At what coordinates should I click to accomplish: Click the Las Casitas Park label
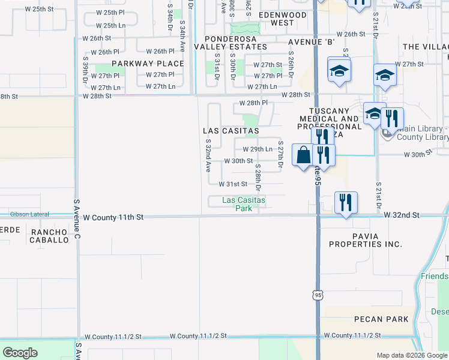click(x=244, y=204)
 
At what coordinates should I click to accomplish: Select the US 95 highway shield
click(x=318, y=295)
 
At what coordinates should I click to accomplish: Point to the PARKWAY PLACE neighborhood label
click(x=148, y=64)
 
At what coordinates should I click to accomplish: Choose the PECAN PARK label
click(x=381, y=319)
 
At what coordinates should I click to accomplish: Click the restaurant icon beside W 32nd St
click(x=345, y=202)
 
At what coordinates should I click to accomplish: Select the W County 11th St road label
click(x=114, y=217)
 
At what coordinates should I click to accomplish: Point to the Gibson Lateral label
click(x=28, y=214)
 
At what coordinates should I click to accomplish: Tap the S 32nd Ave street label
click(x=208, y=155)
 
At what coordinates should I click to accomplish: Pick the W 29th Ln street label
click(x=258, y=149)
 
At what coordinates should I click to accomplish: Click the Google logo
click(x=20, y=353)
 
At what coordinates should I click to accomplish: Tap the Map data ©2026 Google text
click(x=411, y=355)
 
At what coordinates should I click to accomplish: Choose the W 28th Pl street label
click(x=253, y=103)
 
